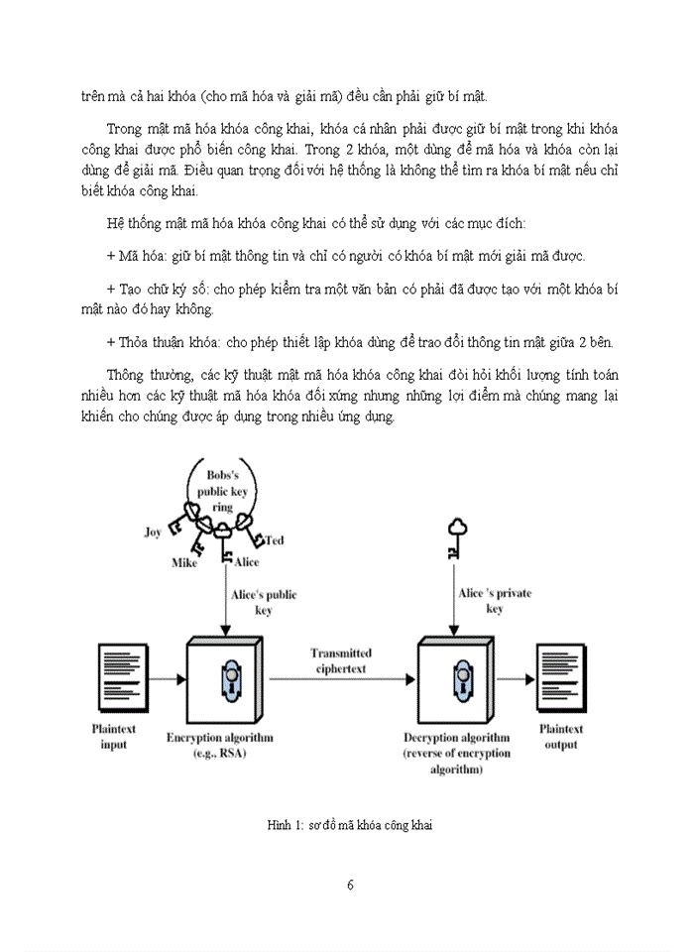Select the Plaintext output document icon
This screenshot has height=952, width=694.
[x=560, y=677]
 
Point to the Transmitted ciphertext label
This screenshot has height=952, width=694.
[x=341, y=660]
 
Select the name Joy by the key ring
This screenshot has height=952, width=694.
[x=154, y=532]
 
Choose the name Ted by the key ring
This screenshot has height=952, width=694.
[x=275, y=539]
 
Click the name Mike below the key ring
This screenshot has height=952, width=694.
[x=184, y=563]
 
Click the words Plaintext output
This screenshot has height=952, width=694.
[x=560, y=737]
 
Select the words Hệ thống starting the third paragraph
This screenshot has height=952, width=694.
[x=134, y=220]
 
